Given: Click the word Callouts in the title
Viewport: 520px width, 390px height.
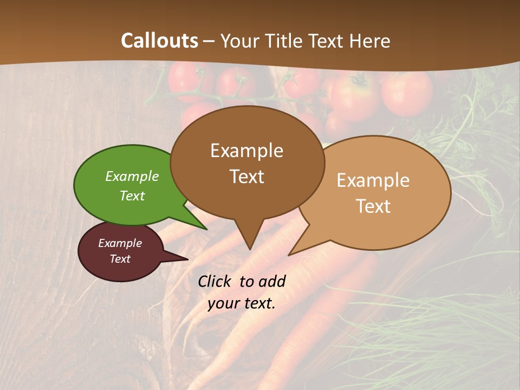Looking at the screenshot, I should (159, 41).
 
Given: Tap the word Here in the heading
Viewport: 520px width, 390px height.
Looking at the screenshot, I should (370, 41).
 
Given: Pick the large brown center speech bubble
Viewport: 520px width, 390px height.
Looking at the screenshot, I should (247, 195).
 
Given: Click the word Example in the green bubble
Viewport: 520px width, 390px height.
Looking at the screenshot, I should (132, 176).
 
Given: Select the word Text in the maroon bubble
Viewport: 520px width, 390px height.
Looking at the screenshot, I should (120, 259).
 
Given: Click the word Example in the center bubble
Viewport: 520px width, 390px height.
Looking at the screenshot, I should (247, 151).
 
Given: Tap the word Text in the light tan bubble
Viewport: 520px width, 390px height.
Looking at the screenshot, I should (374, 206).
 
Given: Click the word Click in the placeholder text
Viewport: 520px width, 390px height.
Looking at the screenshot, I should (215, 281).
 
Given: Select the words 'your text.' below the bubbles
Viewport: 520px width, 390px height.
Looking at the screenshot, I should (242, 303).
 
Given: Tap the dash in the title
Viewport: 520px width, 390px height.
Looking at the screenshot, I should (209, 41).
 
